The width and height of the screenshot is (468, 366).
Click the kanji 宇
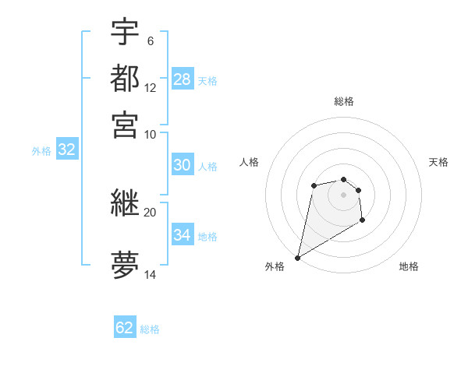pyautogui.click(x=125, y=33)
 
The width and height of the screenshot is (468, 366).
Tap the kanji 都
pyautogui.click(x=125, y=79)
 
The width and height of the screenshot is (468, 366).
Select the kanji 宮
pyautogui.click(x=125, y=124)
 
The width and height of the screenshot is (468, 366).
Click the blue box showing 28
pyautogui.click(x=183, y=79)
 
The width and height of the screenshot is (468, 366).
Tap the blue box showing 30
pyautogui.click(x=183, y=165)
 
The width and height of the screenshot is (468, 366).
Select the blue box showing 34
pyautogui.click(x=183, y=235)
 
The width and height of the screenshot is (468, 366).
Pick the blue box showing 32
pyautogui.click(x=66, y=150)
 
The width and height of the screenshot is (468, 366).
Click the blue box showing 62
pyautogui.click(x=125, y=328)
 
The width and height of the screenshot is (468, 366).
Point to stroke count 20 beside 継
pyautogui.click(x=150, y=212)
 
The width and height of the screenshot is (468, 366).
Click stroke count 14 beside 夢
pyautogui.click(x=150, y=276)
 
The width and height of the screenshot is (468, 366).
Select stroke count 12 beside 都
pyautogui.click(x=150, y=88)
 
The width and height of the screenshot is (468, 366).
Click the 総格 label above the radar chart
pyautogui.click(x=344, y=101)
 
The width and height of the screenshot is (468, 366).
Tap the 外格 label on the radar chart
pyautogui.click(x=275, y=266)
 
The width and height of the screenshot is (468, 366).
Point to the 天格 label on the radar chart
pyautogui.click(x=438, y=162)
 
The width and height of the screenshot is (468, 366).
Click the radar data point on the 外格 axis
pyautogui.click(x=297, y=258)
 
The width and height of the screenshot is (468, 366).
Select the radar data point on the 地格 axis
pyautogui.click(x=363, y=220)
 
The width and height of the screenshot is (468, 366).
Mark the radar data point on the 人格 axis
pyautogui.click(x=314, y=185)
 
